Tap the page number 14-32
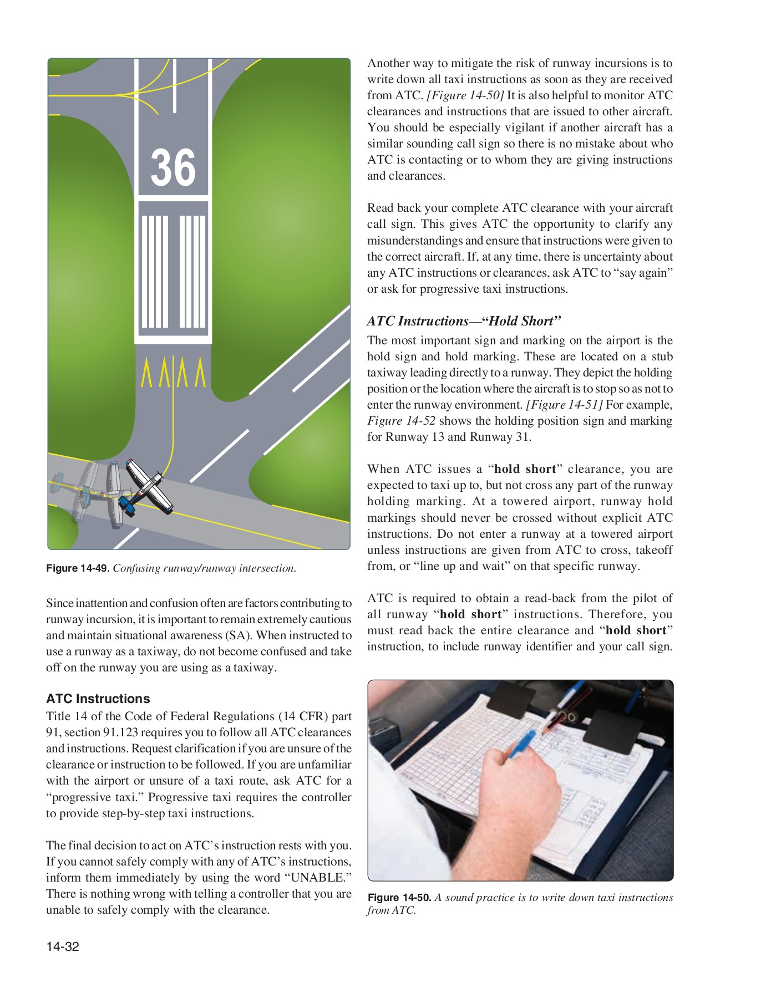coord(63,946)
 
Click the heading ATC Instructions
coord(98,699)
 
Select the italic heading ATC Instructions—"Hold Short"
coord(464,321)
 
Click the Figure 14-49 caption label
coord(78,568)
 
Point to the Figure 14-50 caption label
coord(399,898)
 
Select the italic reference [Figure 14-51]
coord(564,405)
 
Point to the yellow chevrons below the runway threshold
coord(173,373)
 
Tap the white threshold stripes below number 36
coord(173,272)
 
